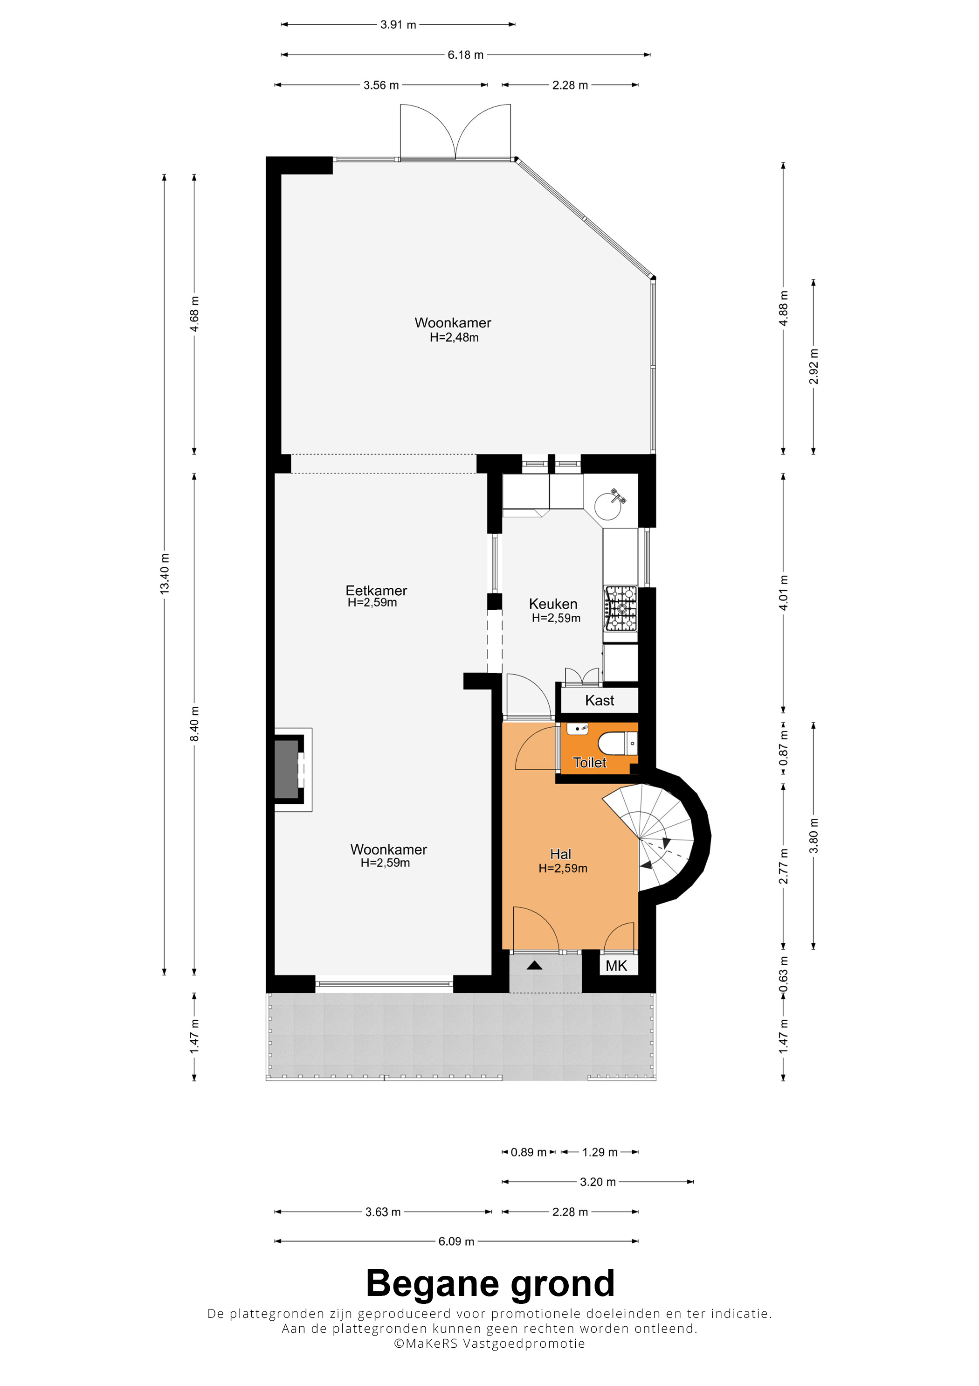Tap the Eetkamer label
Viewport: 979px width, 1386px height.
(376, 591)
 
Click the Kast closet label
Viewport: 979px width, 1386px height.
(599, 700)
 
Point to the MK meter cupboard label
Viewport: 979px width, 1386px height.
(616, 966)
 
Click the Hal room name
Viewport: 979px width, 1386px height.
(560, 854)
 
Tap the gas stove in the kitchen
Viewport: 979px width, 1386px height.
(620, 608)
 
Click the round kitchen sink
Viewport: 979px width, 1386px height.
(607, 506)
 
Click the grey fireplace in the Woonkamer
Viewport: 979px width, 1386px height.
(287, 770)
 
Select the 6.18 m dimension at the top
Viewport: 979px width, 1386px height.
(465, 55)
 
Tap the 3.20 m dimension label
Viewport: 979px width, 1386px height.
(598, 1182)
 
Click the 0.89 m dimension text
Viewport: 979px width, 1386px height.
(528, 1152)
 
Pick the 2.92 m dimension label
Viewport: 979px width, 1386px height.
(814, 366)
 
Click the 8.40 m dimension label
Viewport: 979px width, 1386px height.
(194, 724)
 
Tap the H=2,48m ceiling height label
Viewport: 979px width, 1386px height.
(454, 337)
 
